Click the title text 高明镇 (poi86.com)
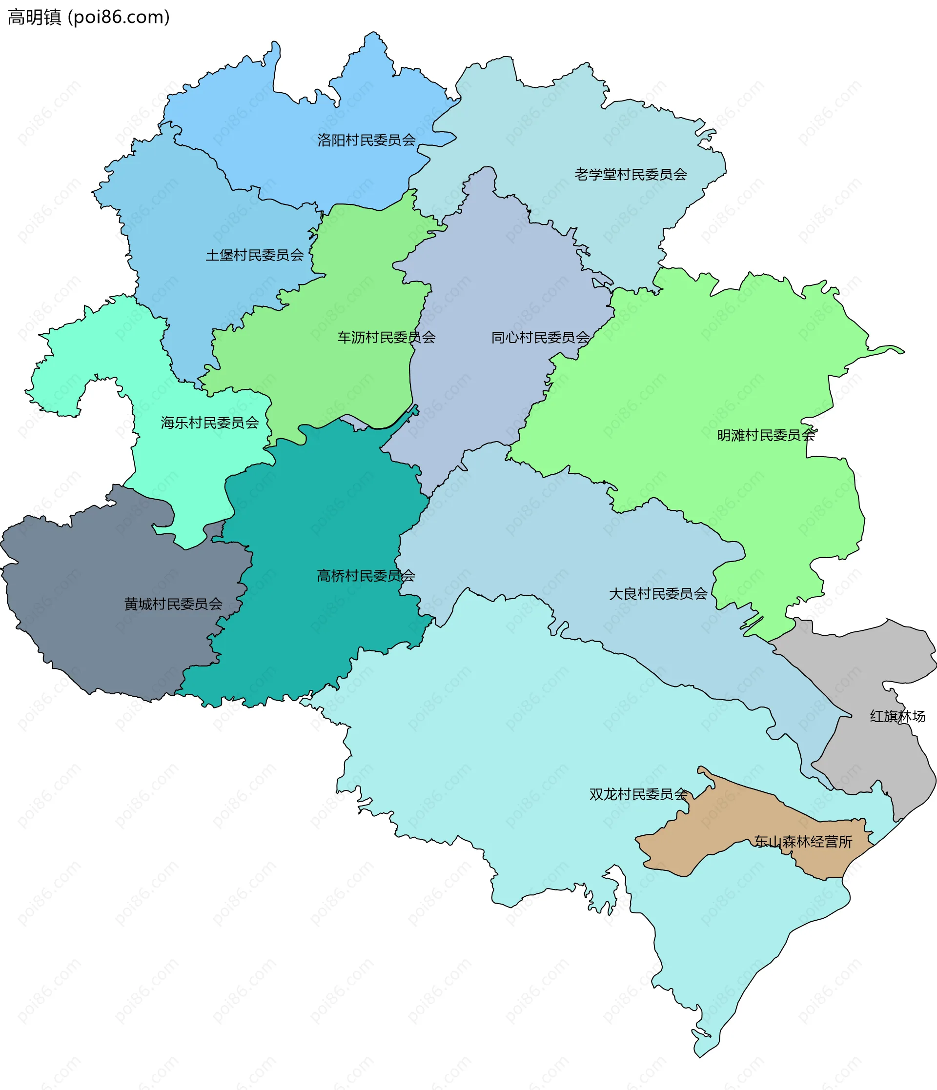pyautogui.click(x=88, y=18)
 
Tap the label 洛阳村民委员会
pyautogui.click(x=366, y=140)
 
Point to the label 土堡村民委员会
pyautogui.click(x=255, y=255)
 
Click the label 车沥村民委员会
pyautogui.click(x=386, y=337)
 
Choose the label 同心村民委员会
pyautogui.click(x=540, y=337)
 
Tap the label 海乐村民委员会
pyautogui.click(x=209, y=423)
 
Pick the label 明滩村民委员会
pyautogui.click(x=766, y=435)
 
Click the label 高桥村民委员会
pyautogui.click(x=366, y=576)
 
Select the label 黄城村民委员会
pyautogui.click(x=173, y=604)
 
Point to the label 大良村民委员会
pyautogui.click(x=658, y=594)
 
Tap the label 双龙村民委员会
pyautogui.click(x=638, y=794)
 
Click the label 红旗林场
pyautogui.click(x=897, y=716)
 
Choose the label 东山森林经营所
pyautogui.click(x=803, y=842)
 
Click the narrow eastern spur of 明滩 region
pyautogui.click(x=889, y=349)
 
